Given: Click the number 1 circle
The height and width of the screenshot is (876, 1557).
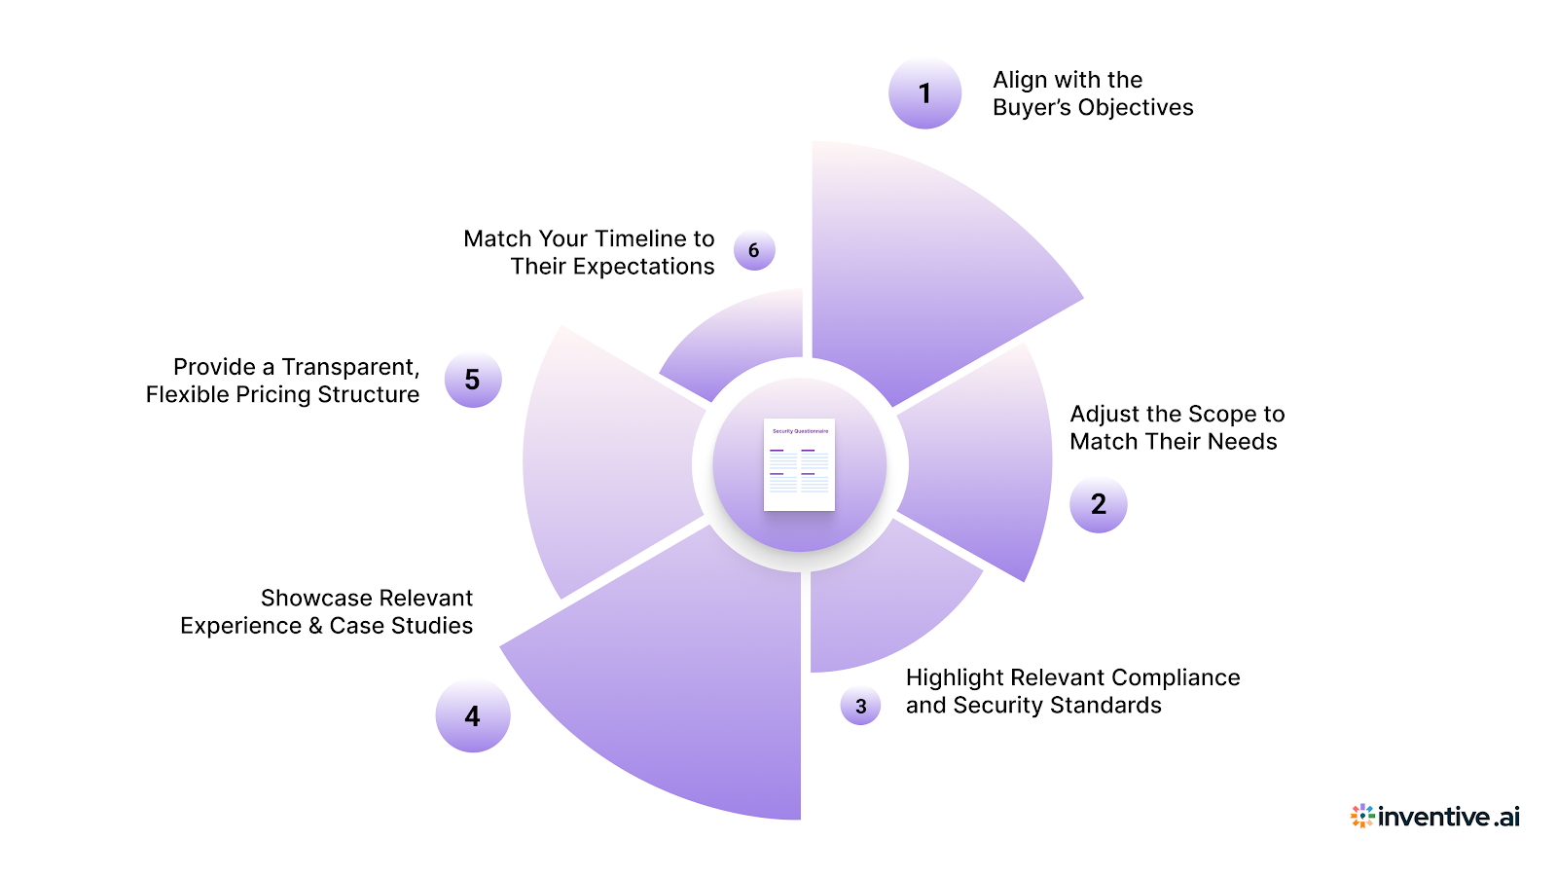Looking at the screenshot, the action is (924, 93).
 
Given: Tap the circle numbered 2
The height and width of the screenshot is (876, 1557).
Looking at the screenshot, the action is (1098, 504).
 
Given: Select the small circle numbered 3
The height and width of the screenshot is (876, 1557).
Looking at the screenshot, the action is (860, 706).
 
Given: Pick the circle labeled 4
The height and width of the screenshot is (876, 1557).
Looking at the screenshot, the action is (472, 716).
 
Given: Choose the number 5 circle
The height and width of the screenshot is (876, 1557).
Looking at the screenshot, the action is (472, 380).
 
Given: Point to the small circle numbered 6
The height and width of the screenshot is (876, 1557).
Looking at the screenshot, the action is (753, 251).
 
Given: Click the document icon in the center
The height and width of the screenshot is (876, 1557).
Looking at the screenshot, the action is (799, 465).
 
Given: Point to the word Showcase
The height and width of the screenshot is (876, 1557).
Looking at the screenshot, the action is (306, 599).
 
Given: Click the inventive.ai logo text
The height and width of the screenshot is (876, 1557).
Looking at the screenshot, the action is (1449, 817).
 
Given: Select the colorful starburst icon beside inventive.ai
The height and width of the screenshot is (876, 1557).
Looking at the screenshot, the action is (1362, 816).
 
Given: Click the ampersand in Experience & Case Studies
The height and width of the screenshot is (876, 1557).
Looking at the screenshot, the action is (315, 626).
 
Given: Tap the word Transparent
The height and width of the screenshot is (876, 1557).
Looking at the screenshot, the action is (350, 367).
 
